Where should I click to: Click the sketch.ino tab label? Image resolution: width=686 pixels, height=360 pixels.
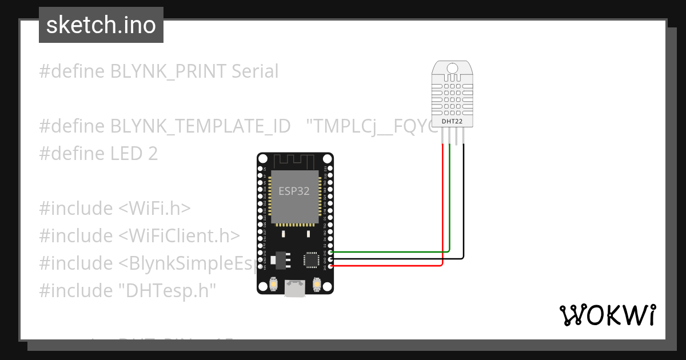click(x=101, y=25)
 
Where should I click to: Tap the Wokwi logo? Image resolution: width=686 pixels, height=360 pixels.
click(x=607, y=315)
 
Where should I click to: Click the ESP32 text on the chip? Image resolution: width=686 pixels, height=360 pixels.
click(x=294, y=191)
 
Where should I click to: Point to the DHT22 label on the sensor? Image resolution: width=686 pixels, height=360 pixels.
click(x=452, y=121)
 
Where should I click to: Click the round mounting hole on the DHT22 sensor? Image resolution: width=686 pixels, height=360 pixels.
click(x=452, y=69)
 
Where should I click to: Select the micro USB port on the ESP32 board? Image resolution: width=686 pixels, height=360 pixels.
click(x=294, y=289)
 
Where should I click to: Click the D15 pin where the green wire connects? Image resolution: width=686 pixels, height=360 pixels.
click(x=330, y=252)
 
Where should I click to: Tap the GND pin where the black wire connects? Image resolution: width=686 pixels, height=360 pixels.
click(x=330, y=259)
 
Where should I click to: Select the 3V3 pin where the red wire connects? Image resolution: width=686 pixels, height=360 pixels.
click(x=330, y=266)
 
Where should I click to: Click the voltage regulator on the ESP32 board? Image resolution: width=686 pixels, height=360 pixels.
click(x=280, y=260)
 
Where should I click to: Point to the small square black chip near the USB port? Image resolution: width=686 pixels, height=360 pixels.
click(x=312, y=260)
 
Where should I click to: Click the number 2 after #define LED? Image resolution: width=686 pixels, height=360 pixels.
click(x=152, y=154)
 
